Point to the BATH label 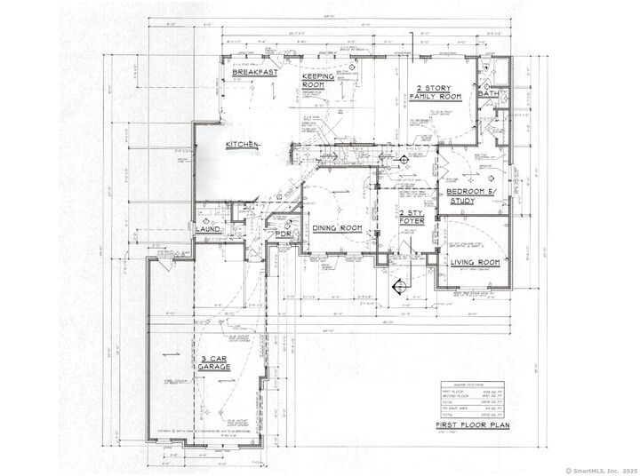(487, 93)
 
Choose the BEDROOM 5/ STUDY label (472, 197)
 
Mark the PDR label (284, 234)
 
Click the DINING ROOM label (337, 229)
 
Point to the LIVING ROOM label (476, 263)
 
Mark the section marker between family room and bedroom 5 (402, 160)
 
